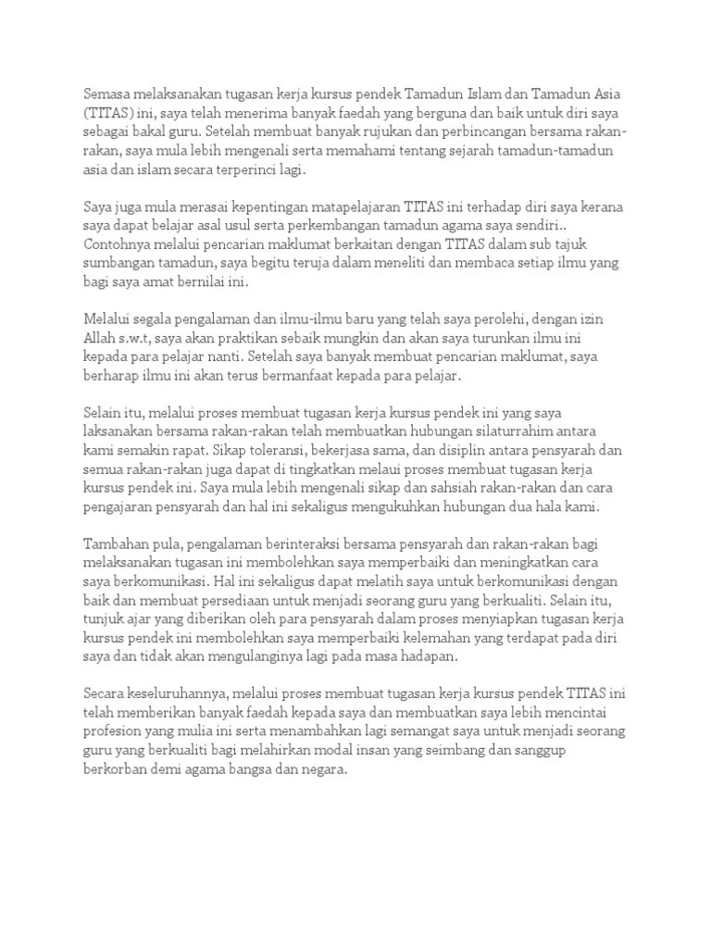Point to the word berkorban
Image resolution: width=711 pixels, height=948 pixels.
(x=115, y=769)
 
